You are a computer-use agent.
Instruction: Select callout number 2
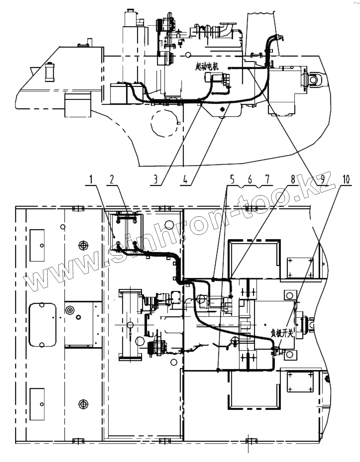pos(112,180)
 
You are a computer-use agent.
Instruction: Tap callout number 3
pos(156,180)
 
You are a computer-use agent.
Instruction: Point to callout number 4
pos(186,180)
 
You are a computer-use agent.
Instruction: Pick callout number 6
pos(250,180)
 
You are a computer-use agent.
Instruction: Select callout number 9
pos(319,180)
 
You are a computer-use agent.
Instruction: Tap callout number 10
pos(345,180)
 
